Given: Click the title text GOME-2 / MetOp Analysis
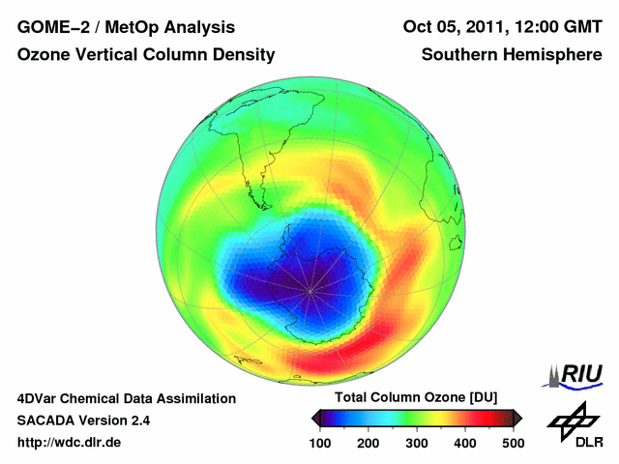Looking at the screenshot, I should [126, 27].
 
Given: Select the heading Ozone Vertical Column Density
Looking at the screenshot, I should [145, 56].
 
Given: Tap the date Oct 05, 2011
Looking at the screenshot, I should [450, 27].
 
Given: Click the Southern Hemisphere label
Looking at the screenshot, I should [512, 56].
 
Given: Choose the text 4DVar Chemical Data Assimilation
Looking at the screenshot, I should [126, 398].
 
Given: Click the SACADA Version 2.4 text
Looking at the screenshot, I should [83, 420].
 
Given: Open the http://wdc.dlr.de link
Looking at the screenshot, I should [70, 443].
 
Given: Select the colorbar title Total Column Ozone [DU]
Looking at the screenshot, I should [416, 398].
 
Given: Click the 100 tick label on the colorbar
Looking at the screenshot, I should [321, 443].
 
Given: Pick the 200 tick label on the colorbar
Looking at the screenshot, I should [368, 443].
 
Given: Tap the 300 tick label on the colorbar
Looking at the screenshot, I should [417, 443].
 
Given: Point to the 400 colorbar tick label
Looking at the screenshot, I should [464, 443].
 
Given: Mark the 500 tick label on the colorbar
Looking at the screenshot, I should [512, 443].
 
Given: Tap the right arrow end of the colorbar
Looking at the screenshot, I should [518, 418].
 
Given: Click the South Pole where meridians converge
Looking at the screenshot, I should [310, 289].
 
